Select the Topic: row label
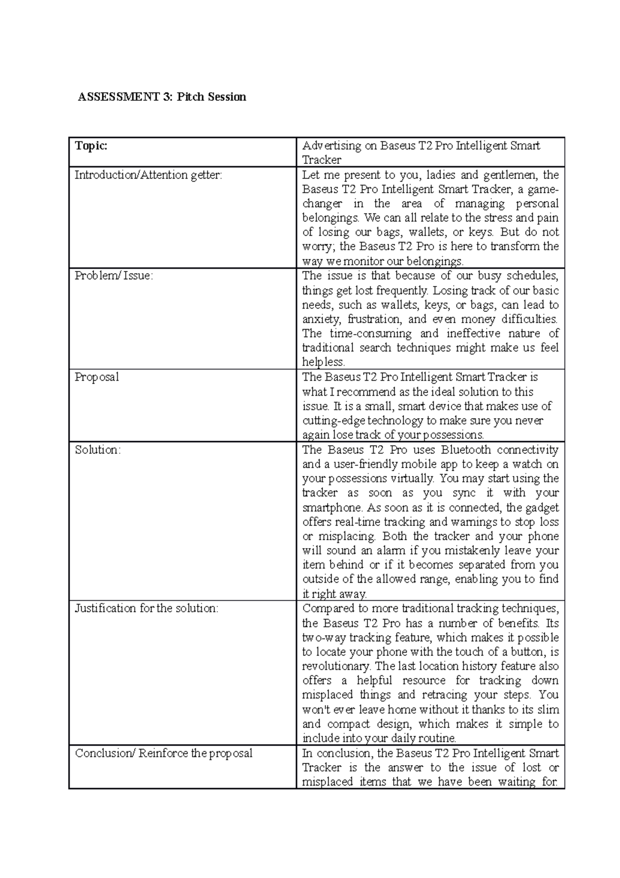click(x=91, y=146)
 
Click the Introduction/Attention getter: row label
click(x=148, y=175)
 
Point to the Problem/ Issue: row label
click(x=114, y=276)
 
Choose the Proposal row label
click(x=97, y=377)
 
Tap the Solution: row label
click(x=98, y=449)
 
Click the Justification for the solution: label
click(x=147, y=608)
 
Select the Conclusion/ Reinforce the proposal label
click(x=164, y=753)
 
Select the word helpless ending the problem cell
click(x=323, y=362)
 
